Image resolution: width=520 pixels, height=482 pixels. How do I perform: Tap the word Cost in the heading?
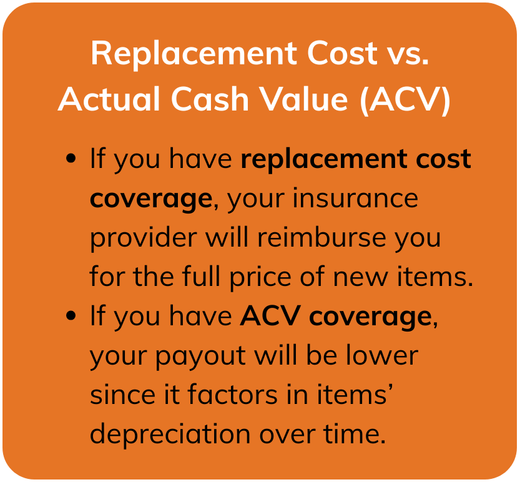coord(342,53)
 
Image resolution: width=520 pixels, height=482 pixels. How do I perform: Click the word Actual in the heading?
coord(109,99)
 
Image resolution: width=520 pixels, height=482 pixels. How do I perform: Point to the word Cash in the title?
coord(210,99)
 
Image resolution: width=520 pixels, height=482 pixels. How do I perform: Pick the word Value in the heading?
coord(303,99)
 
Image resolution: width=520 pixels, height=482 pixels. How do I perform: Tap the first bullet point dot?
coord(71,158)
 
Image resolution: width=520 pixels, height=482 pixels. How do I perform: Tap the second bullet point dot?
coord(71,315)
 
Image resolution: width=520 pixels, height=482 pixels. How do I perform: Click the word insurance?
coord(355,198)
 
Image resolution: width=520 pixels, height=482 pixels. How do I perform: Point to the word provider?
coord(144,238)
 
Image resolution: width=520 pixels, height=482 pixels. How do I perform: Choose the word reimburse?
coord(321,237)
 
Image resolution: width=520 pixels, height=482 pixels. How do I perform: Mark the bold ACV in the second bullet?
coord(270,315)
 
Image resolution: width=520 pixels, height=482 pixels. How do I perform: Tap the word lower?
coord(382,355)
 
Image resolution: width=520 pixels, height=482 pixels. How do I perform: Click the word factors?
coord(232,394)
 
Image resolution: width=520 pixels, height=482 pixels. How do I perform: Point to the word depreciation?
coord(170,435)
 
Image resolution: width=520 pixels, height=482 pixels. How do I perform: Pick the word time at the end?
coord(355,433)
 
